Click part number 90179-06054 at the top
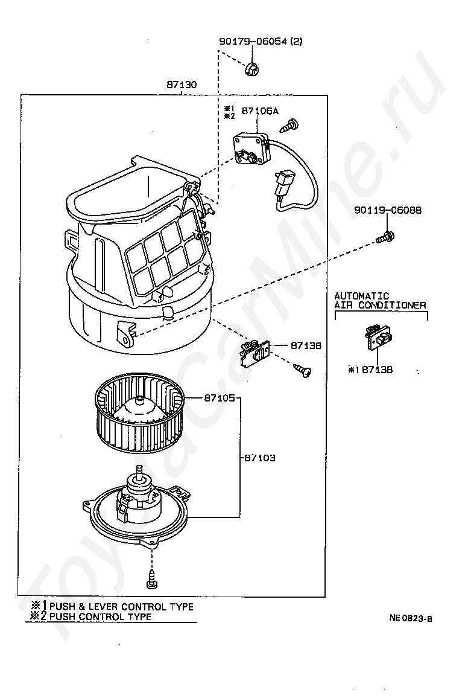coord(261,42)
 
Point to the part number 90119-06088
coord(387,211)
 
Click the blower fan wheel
coord(139,417)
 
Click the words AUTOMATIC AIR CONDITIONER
coord(380,301)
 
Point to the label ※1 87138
coord(370,370)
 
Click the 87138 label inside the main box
coord(306,346)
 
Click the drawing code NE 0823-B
coord(411,618)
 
